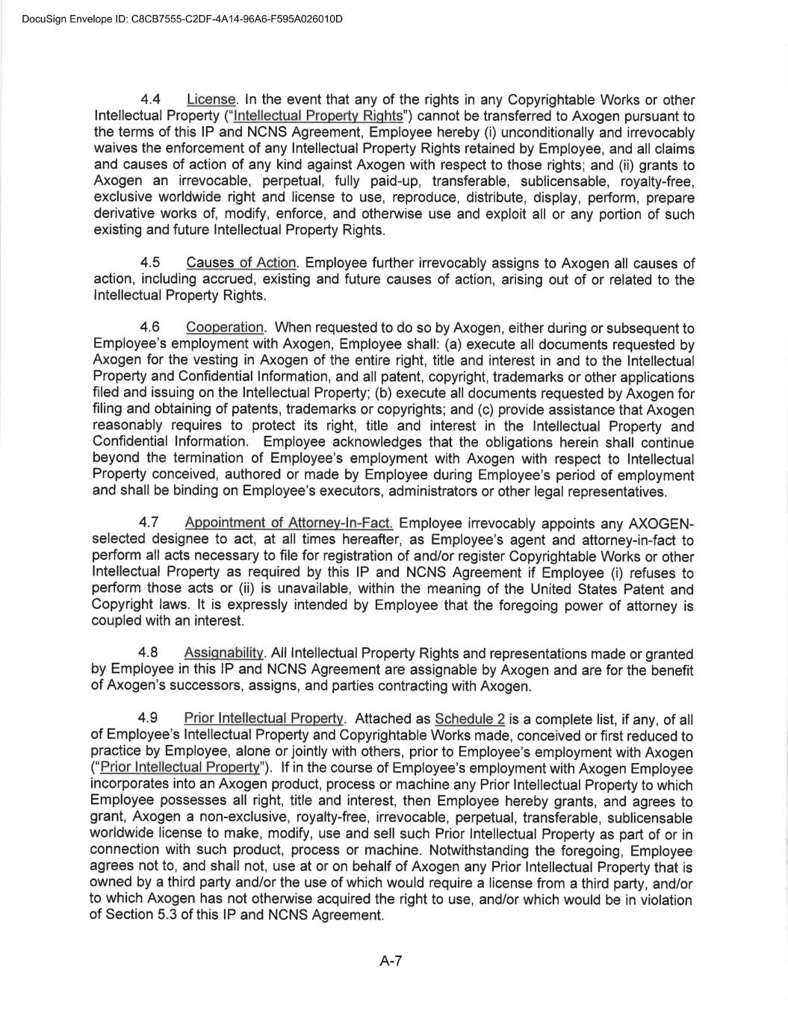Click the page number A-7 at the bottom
tap(391, 962)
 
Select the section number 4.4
tap(152, 100)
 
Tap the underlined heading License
tap(211, 100)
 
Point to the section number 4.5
tap(151, 263)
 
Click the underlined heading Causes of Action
tap(241, 263)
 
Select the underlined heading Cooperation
tap(225, 328)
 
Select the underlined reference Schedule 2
tap(470, 719)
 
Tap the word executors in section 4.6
tap(351, 491)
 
